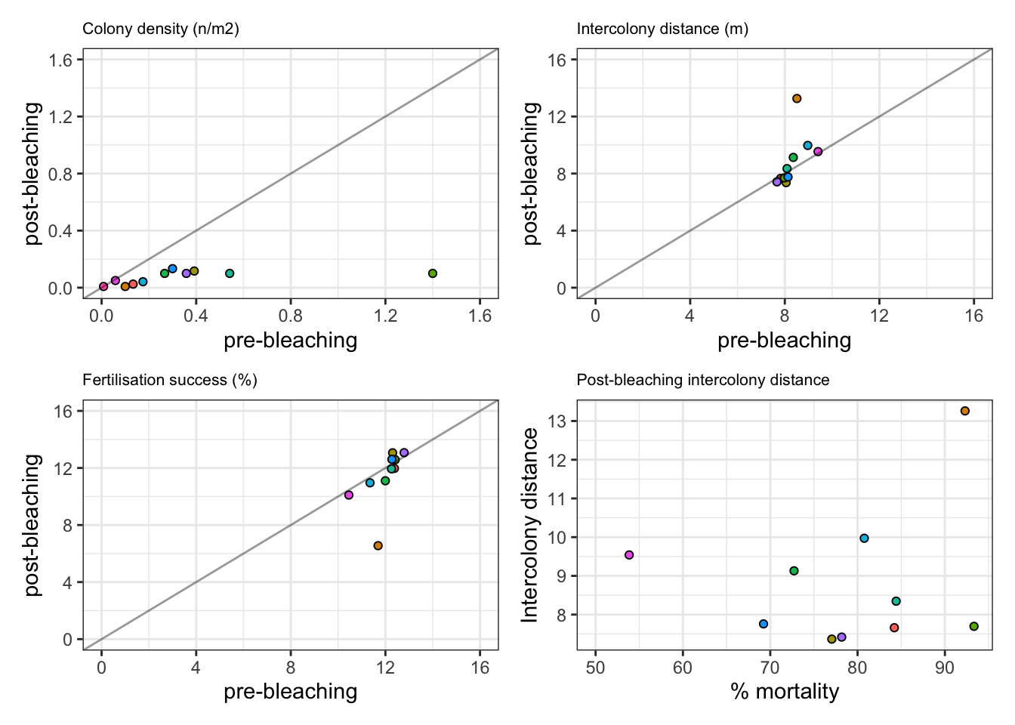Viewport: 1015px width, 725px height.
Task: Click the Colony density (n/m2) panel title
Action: coord(160,29)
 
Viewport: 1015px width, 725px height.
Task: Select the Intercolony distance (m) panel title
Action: coord(662,29)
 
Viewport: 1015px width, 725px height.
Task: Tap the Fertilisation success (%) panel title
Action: coord(170,380)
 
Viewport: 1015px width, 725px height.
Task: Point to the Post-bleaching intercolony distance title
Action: coord(702,380)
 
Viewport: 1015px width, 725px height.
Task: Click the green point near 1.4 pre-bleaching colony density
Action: coord(433,273)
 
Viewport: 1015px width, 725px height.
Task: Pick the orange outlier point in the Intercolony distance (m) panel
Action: coord(797,99)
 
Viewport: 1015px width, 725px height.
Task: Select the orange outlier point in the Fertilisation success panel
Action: coord(378,546)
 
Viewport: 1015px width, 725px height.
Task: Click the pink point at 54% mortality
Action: coord(629,555)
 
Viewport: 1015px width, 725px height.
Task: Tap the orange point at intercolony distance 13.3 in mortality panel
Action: coord(965,411)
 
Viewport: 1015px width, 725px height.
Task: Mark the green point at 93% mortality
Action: coord(974,626)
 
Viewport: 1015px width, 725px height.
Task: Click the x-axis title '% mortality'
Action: coord(785,691)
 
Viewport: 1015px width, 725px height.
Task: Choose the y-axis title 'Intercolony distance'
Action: coord(531,525)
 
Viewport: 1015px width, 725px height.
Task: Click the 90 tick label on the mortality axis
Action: coord(945,668)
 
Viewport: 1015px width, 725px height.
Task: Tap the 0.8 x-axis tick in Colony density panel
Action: coord(291,316)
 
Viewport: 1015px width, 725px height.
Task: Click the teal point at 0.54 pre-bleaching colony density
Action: coord(230,273)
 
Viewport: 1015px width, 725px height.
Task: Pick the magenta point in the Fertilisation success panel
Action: coord(349,495)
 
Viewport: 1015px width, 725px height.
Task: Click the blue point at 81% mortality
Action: coord(865,538)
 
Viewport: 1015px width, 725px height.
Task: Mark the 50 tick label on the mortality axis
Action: coord(595,668)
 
